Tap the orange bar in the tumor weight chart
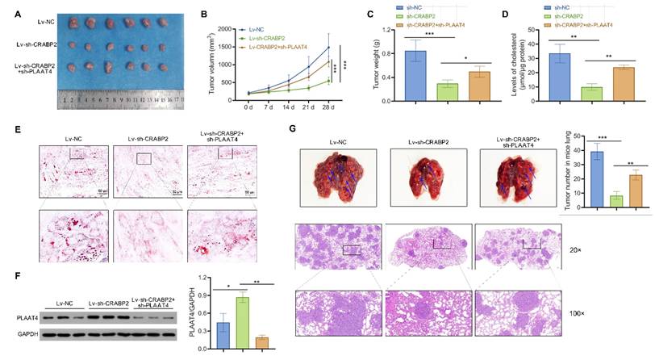pos(481,85)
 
